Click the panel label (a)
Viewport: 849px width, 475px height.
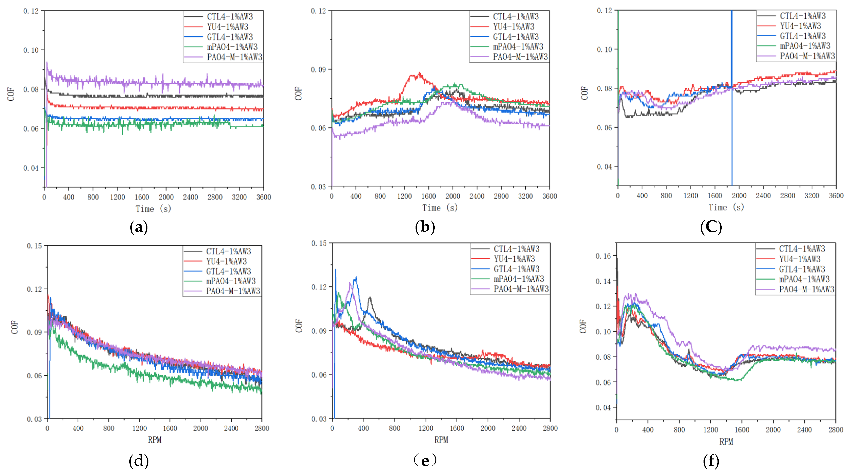[x=139, y=227]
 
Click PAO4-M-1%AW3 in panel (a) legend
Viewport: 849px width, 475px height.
[x=234, y=57]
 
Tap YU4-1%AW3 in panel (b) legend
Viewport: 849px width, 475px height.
[x=514, y=27]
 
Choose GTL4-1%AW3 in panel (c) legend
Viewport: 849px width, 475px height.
[x=803, y=36]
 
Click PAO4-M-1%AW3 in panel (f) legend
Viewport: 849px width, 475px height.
[x=806, y=289]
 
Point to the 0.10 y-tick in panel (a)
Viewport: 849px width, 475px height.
[x=31, y=50]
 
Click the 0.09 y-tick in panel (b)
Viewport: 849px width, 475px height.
[x=318, y=69]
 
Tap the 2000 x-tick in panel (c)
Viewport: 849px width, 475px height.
[x=739, y=196]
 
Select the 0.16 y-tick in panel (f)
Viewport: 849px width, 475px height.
[x=603, y=256]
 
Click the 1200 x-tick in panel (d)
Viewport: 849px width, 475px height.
[x=139, y=428]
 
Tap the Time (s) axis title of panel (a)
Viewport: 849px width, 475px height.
[x=153, y=209]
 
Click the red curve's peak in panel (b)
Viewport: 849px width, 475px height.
[x=419, y=73]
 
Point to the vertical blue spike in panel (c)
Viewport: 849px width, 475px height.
[x=732, y=99]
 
